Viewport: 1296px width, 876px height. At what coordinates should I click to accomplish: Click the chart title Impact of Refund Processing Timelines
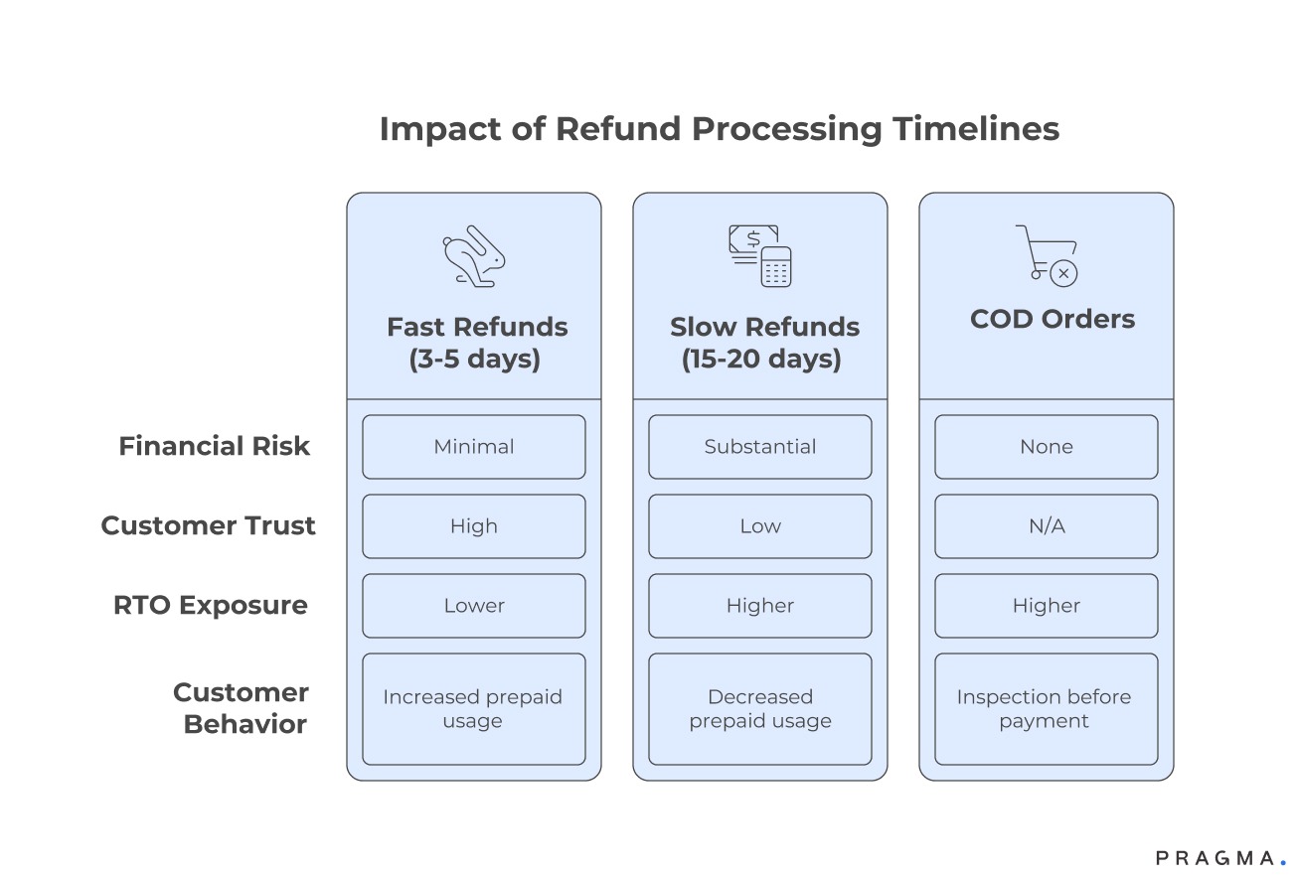[x=719, y=129]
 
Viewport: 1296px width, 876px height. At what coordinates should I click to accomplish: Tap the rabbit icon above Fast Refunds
[x=474, y=257]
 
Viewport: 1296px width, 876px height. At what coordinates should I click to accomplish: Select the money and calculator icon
[x=760, y=256]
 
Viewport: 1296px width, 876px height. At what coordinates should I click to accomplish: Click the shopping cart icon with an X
[x=1048, y=255]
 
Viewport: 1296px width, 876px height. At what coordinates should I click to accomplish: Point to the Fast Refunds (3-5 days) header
[x=477, y=342]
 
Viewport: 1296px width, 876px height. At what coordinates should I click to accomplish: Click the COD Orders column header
[x=1052, y=319]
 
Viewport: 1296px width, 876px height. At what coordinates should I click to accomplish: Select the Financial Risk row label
[x=215, y=446]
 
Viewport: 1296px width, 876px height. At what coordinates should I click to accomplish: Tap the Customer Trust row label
[x=209, y=525]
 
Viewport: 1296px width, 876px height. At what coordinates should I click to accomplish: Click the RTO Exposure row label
[x=211, y=605]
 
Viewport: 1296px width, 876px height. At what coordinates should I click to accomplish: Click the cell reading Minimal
[x=474, y=447]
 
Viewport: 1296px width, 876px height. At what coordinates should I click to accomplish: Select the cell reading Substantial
[x=760, y=447]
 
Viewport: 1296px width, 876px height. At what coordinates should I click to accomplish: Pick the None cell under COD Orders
[x=1047, y=447]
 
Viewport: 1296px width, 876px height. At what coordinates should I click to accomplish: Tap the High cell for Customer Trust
[x=474, y=526]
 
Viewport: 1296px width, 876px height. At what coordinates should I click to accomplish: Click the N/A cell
[x=1047, y=526]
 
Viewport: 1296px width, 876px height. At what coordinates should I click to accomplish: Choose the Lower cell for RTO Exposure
[x=474, y=606]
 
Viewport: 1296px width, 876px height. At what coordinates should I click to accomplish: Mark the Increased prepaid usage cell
[x=474, y=709]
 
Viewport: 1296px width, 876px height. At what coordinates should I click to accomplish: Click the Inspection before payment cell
[x=1047, y=709]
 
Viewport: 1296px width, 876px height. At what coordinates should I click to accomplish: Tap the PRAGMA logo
[x=1220, y=857]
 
